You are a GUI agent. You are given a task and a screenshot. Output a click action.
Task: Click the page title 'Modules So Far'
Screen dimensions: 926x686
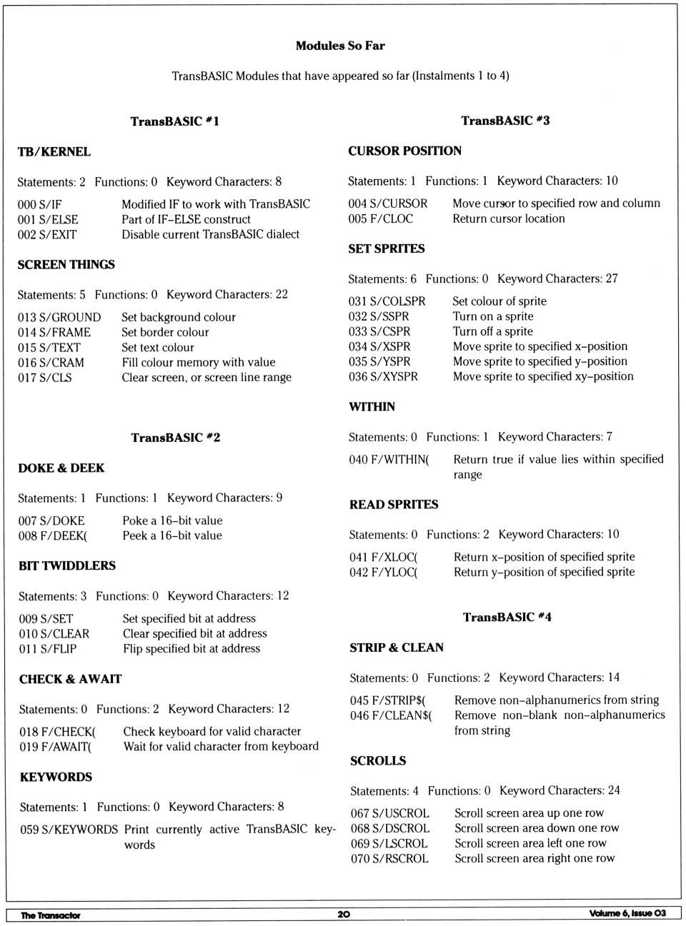(x=340, y=46)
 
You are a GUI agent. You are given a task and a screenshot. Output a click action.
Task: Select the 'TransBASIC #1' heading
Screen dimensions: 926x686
(x=174, y=121)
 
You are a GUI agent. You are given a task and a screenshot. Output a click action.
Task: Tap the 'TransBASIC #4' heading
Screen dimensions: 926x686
(x=507, y=617)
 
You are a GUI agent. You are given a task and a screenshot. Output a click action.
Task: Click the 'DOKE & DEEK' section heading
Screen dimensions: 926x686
(x=61, y=468)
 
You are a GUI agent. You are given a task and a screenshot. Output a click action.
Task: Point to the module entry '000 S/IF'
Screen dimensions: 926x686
(x=40, y=205)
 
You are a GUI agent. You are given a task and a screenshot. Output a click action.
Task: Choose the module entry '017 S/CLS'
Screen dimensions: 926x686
(x=45, y=378)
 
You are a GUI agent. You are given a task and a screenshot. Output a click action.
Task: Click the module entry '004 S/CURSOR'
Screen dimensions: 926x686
(x=388, y=203)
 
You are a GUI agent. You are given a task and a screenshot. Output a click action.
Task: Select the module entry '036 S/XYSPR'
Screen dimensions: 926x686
(x=383, y=376)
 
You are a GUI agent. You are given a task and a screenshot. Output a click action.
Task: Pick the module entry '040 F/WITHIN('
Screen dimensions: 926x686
(x=389, y=460)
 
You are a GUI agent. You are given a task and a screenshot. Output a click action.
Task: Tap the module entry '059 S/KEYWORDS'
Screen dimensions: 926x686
(x=69, y=830)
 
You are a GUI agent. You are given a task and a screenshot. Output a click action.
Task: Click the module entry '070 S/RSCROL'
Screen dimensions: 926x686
(x=389, y=858)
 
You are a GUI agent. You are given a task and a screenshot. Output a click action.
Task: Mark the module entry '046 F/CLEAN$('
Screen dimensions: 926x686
(x=391, y=715)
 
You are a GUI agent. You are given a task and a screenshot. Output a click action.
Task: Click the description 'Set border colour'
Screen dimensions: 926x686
(x=165, y=332)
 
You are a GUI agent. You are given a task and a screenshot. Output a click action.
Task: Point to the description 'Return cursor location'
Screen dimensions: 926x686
(x=509, y=218)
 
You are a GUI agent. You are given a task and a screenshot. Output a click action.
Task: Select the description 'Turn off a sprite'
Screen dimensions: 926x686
(x=492, y=331)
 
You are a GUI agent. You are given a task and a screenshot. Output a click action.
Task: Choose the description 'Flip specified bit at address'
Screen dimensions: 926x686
(x=192, y=648)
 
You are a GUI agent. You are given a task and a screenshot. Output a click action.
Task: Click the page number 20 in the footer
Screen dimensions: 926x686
(x=344, y=914)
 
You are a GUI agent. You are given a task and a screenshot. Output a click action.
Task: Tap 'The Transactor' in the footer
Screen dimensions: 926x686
(x=50, y=915)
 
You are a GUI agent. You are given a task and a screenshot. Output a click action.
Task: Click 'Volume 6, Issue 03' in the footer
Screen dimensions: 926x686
(x=627, y=913)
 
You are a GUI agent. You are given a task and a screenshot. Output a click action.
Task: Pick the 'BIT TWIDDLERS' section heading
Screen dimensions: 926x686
(x=67, y=565)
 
